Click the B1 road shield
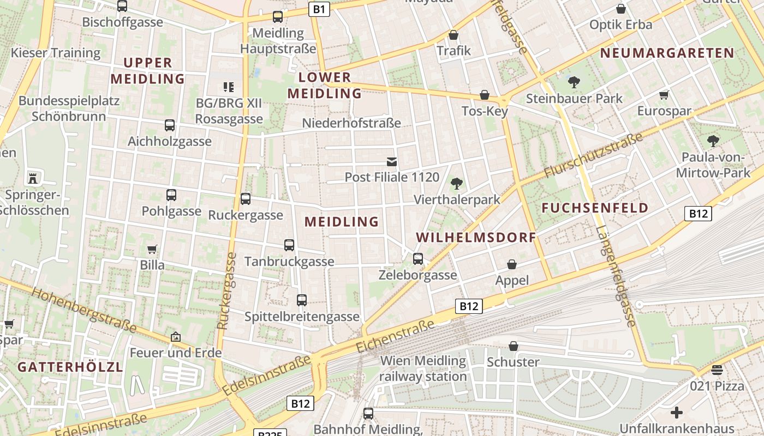320,9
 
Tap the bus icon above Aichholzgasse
170,125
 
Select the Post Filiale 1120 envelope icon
392,161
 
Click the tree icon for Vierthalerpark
457,184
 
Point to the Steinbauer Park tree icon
574,82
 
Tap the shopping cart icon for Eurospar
664,95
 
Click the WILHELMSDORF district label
476,238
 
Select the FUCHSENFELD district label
595,208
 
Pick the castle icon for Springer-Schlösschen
33,178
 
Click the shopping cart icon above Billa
152,249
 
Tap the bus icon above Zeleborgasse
418,259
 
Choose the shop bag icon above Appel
512,264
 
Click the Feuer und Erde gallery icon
175,337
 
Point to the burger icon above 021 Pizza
717,370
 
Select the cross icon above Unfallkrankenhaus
677,413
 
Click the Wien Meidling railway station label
423,368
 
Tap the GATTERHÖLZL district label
70,367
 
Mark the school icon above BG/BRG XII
229,87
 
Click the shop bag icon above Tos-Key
484,95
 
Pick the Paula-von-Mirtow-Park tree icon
713,141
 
